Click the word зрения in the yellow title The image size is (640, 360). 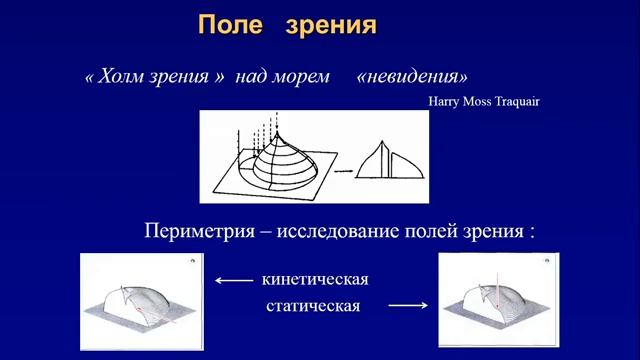(x=329, y=25)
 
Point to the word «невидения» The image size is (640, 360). (x=411, y=77)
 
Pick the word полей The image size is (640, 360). (x=443, y=231)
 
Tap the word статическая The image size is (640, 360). (x=313, y=304)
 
